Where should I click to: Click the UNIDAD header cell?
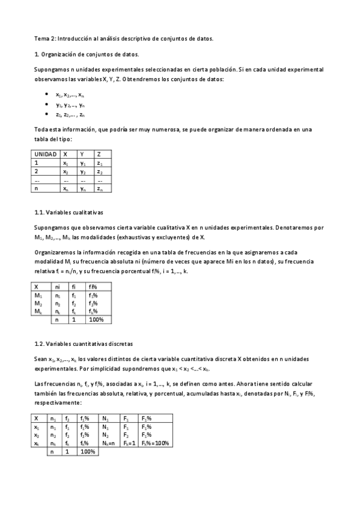click(x=46, y=154)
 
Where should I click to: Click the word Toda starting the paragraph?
click(x=41, y=129)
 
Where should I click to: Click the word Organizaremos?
click(x=55, y=253)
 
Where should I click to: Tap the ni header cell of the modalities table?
click(x=58, y=287)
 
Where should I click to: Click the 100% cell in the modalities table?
click(x=96, y=320)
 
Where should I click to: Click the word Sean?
click(x=40, y=359)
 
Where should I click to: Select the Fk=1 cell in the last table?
click(x=129, y=443)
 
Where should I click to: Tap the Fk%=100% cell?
click(x=155, y=443)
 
